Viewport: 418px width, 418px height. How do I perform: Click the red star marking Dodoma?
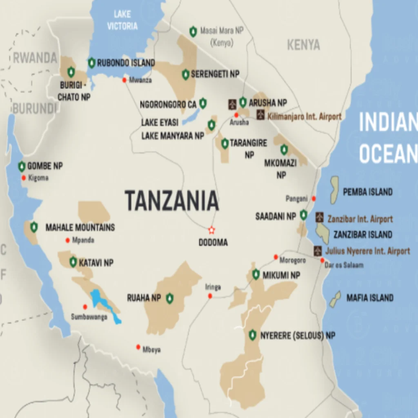coord(211,230)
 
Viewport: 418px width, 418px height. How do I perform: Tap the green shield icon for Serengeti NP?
coord(186,74)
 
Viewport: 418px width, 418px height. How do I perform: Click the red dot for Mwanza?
coord(125,80)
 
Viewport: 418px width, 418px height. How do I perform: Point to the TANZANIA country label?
coord(171,201)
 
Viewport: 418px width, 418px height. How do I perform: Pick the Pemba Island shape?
coord(334,190)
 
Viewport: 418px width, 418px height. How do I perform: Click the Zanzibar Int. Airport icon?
coord(320,218)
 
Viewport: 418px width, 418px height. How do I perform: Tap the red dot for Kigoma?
coord(24,178)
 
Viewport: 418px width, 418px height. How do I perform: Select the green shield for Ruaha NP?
coord(169,298)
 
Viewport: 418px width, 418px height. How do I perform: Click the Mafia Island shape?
coord(335,299)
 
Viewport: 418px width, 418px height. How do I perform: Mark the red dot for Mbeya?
coord(138,347)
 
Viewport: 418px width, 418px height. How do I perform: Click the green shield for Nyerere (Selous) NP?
coord(253,335)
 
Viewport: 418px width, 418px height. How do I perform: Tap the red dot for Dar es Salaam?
coord(322,260)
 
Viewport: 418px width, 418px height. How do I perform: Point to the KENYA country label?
coord(303,45)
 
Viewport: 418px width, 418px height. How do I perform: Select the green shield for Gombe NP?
coord(22,166)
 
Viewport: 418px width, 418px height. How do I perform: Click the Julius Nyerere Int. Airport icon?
coord(318,251)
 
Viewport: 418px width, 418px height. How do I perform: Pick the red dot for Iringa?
coord(210,296)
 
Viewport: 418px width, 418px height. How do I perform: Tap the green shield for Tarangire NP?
coord(225,143)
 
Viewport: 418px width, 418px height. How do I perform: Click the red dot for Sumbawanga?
coord(85,307)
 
